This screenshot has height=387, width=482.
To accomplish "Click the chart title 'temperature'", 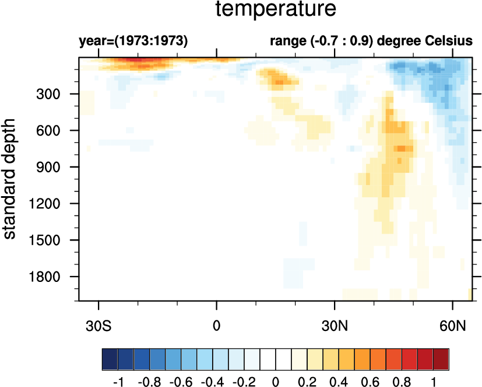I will pos(276,10).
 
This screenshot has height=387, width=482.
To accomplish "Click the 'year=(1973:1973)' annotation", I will pos(133,41).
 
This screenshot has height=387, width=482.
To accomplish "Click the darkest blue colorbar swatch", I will pos(110,357).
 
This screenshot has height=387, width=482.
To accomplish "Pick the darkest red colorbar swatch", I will pos(441,357).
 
